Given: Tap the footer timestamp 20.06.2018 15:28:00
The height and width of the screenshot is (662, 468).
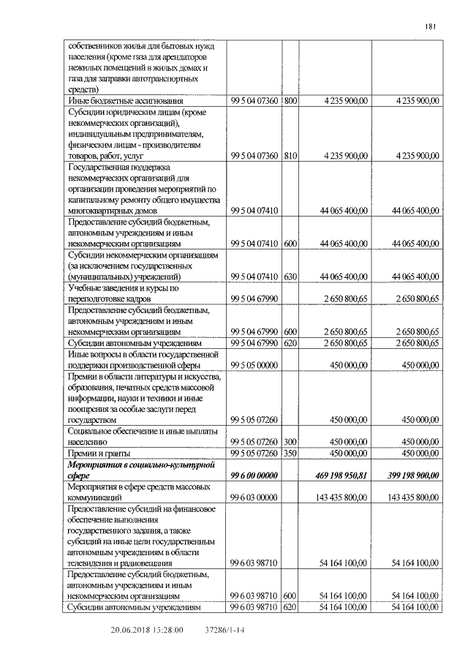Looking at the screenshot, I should pos(146,630).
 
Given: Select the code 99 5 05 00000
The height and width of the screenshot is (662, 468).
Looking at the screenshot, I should pos(254,364).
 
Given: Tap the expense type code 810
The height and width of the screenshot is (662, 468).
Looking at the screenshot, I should pos(290,156).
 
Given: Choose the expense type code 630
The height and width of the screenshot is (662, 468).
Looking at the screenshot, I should pos(290,277).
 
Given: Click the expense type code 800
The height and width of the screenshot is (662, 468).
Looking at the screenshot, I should pos(290,100).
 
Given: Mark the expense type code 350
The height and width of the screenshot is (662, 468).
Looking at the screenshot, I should pos(290,454).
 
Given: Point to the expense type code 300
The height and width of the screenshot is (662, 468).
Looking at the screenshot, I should pos(290,442).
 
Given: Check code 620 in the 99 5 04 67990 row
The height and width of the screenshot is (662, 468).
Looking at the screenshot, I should pos(290,342).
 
